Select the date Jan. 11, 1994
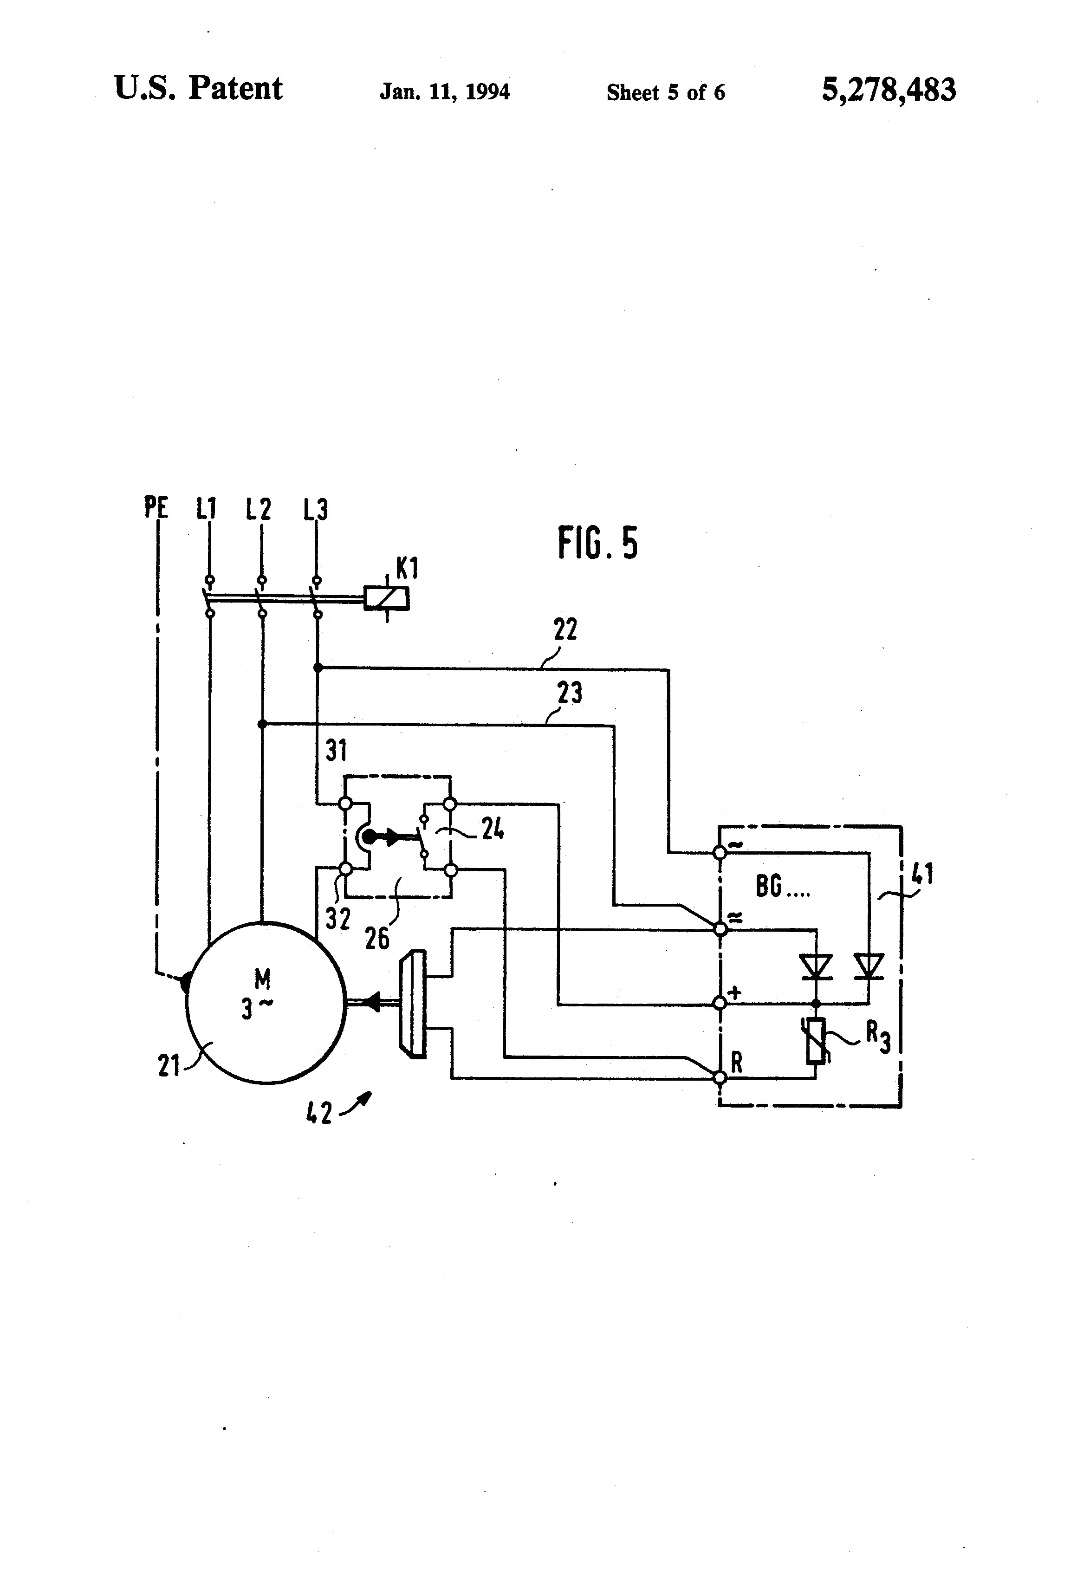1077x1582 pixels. coord(445,92)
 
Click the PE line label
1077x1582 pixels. coord(156,508)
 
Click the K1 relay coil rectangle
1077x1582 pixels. coord(386,597)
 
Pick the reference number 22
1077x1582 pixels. coord(565,629)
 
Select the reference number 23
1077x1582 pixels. coord(569,694)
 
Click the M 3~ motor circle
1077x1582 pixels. coord(266,1002)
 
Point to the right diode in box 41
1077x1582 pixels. coord(869,966)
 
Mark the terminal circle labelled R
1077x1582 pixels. coord(720,1077)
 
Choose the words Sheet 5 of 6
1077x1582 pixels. coord(665,92)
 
